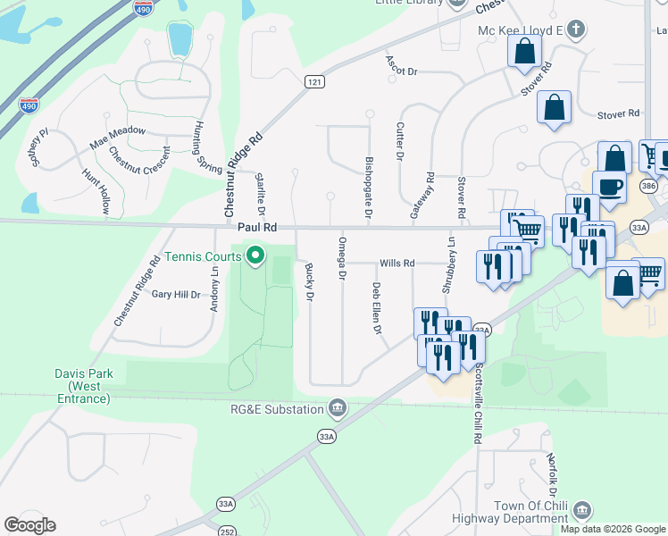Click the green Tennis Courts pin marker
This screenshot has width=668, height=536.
pos(255,257)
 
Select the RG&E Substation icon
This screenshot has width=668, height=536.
pos(338,408)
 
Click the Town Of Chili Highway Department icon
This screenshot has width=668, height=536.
pos(582,510)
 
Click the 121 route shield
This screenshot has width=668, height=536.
pos(313,81)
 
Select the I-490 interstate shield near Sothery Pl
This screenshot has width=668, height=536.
pos(29,105)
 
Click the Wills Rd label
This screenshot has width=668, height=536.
pos(397,264)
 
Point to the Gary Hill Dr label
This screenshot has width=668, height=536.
pos(176,294)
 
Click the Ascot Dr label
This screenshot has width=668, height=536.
pos(401,65)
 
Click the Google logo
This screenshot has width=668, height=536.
pos(29,525)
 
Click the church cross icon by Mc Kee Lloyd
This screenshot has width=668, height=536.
pos(577,29)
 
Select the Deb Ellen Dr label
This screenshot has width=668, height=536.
pos(377,309)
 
